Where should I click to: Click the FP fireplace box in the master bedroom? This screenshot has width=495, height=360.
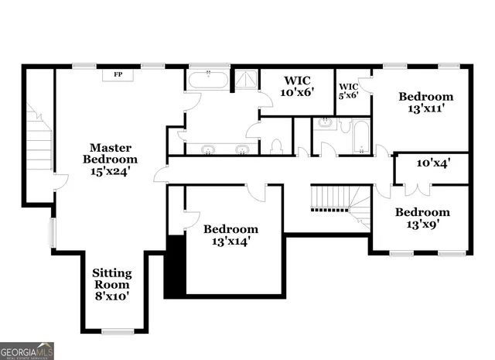pos(118,74)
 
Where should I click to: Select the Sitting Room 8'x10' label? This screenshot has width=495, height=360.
pos(111,284)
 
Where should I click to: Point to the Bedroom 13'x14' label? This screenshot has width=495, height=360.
pos(230,235)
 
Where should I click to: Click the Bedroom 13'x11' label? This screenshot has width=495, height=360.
pos(425,103)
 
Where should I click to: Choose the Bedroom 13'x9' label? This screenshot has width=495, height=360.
pos(422,218)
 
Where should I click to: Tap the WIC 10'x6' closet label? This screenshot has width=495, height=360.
pos(297,86)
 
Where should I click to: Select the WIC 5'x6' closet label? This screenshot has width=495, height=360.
pos(349,90)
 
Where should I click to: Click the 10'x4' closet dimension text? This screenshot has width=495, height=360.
pos(432,163)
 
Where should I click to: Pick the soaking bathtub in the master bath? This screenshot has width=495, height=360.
pos(208,79)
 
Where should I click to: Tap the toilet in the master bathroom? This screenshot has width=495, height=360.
pos(276,146)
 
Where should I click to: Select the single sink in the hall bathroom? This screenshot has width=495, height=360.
pos(325,124)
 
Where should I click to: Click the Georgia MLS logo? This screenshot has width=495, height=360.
pos(27,350)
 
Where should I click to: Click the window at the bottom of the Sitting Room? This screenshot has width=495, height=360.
pos(118,331)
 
